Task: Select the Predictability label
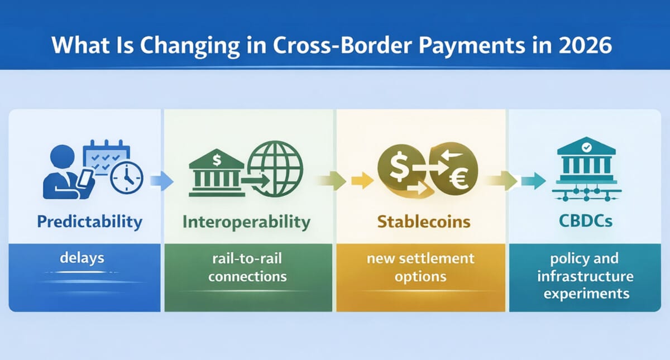click(x=89, y=222)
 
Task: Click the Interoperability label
click(x=246, y=222)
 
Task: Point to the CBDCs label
click(x=585, y=222)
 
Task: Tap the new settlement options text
click(x=421, y=268)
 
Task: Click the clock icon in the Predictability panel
click(x=127, y=179)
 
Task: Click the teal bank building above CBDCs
click(x=586, y=167)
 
